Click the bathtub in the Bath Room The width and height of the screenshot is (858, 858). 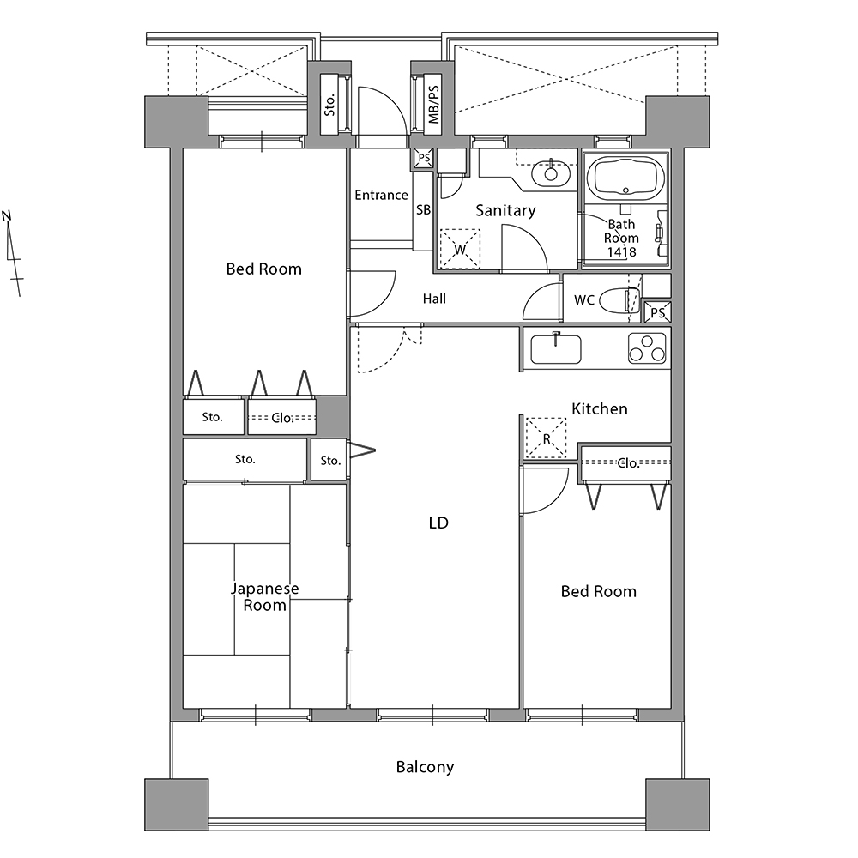coord(626,179)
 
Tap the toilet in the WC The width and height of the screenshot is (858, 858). coord(619,300)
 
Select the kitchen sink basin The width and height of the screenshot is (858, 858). coord(556,349)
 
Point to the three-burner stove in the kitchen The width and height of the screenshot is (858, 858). coord(647,348)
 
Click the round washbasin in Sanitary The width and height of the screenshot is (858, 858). coord(551,174)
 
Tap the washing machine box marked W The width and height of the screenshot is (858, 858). coord(460,249)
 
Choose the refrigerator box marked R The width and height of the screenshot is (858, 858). coord(546,438)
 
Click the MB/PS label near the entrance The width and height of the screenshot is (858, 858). coord(433,104)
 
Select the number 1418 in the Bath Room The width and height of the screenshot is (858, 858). coord(621,252)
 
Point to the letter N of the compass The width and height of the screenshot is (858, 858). coord(7,215)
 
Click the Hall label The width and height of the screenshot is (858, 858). coord(434,299)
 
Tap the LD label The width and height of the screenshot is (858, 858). coord(438,523)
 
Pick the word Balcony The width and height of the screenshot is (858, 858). coord(426,767)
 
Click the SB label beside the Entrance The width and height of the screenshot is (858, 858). coord(424,209)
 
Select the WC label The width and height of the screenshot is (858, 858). coord(584,299)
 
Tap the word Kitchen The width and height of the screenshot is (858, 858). coord(600,408)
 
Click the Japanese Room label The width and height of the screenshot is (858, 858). coord(265,597)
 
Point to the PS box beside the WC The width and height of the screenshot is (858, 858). coord(658,312)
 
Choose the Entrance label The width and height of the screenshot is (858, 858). coord(382,196)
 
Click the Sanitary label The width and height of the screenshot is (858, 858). coord(505,211)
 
